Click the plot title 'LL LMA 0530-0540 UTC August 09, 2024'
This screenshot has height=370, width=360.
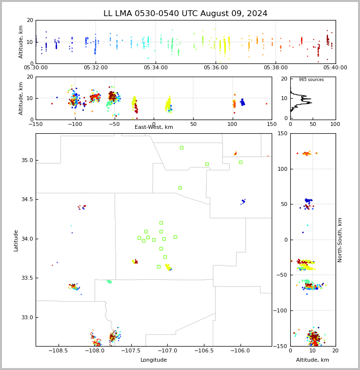coord(185,14)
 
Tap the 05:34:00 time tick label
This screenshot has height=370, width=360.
coord(156,68)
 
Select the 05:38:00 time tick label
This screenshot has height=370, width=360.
coord(276,68)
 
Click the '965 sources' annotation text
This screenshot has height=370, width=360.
coord(311,80)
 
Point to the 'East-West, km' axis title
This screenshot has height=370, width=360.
coord(154,127)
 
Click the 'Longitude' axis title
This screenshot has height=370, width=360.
coord(154,360)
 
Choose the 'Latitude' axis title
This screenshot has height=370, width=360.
coord(16,241)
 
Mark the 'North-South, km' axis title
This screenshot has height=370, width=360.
coord(340,240)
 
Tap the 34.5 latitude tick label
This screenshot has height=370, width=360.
coord(27,199)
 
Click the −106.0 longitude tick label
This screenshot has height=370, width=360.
coord(240,350)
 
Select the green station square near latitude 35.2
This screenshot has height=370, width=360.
coord(182,148)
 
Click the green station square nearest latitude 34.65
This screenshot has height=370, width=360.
coord(180,187)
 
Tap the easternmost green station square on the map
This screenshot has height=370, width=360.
coord(240,163)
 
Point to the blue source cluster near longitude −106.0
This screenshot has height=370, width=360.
coord(243,201)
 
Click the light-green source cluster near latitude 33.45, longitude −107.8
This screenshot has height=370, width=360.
coord(109,282)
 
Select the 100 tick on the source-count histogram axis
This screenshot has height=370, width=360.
coord(335,124)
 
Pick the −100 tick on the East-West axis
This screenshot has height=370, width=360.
coord(75,124)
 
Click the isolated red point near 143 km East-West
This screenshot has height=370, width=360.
coord(267,104)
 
